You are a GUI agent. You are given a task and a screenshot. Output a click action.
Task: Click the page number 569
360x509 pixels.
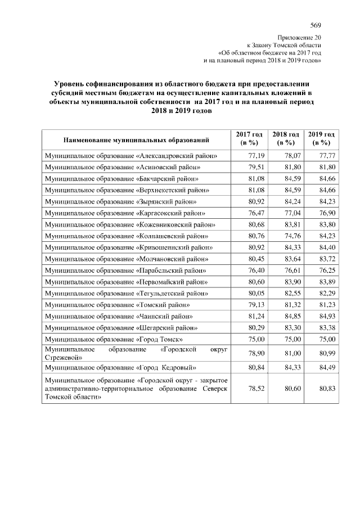[316, 25]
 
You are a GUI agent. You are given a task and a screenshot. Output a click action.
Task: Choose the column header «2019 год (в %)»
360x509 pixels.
[322, 139]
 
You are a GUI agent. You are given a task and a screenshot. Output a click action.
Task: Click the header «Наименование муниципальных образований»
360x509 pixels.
[137, 139]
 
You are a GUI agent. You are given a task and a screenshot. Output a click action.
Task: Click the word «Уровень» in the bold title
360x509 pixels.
[70, 83]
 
